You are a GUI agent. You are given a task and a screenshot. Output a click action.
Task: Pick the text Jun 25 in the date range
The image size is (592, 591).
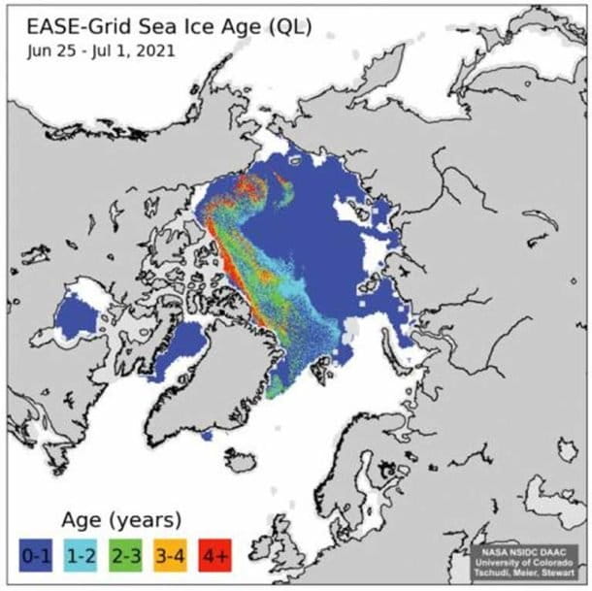(x=51, y=49)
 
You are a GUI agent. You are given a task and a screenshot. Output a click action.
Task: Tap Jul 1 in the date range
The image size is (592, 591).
(x=109, y=49)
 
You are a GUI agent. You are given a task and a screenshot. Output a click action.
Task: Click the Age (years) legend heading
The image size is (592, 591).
(x=122, y=520)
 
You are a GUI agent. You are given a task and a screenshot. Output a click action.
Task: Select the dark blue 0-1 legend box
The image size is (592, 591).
(x=36, y=557)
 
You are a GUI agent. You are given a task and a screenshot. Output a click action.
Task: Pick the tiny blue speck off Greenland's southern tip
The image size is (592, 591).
(x=207, y=436)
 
